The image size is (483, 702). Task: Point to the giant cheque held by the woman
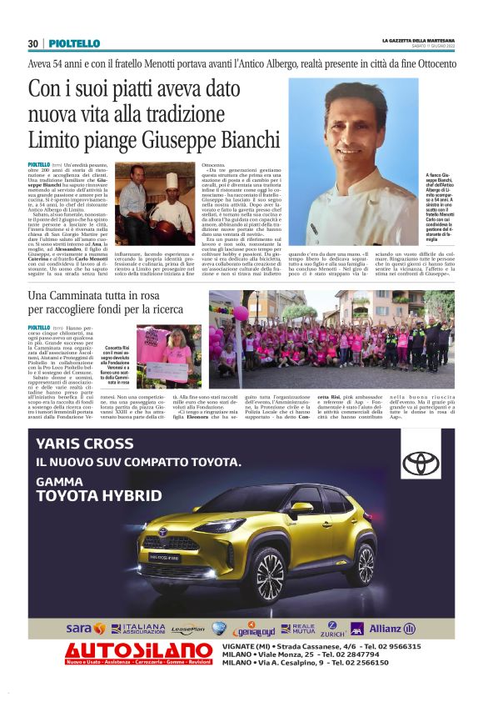(167, 370)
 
